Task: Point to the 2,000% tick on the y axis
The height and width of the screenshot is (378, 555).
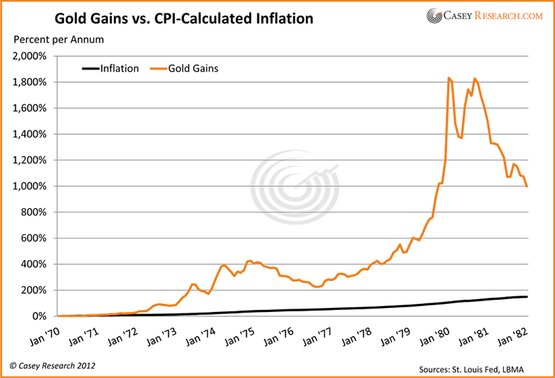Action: [29, 56]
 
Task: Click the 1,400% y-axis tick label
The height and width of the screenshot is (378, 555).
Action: [29, 135]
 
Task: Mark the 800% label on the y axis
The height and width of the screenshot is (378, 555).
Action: [33, 212]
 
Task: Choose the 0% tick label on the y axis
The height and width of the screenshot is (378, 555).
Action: [37, 316]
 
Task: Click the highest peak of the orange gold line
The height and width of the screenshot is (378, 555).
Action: [449, 78]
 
